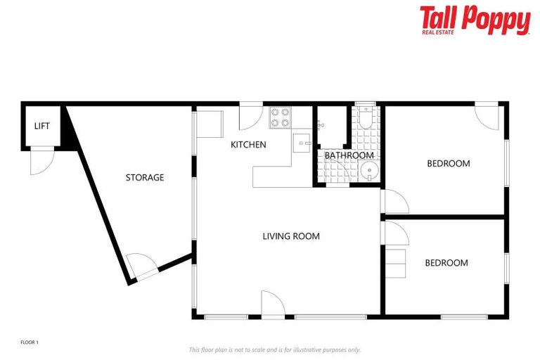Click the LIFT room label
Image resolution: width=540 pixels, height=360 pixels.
click(x=42, y=126)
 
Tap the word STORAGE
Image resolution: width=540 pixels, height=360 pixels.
click(x=145, y=178)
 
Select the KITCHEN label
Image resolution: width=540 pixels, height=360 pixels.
click(x=249, y=145)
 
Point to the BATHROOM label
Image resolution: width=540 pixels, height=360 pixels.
click(x=349, y=155)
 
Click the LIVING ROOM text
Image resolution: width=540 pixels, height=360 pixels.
click(x=291, y=236)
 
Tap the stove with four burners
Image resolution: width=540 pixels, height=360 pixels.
click(x=280, y=117)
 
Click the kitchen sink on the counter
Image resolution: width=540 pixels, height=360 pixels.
click(x=302, y=143)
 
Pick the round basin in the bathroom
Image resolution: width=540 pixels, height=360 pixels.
click(x=368, y=172)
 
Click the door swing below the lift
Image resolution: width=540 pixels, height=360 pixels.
click(x=41, y=162)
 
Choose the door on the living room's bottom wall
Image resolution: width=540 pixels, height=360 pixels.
click(x=272, y=304)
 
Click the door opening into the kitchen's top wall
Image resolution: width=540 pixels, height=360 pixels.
click(x=250, y=117)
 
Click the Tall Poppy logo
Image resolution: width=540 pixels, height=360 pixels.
click(x=475, y=19)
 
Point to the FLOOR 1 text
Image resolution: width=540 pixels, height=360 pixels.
click(x=30, y=342)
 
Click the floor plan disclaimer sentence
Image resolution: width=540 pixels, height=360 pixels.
click(x=274, y=349)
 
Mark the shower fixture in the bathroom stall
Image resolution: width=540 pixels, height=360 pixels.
click(x=320, y=125)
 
